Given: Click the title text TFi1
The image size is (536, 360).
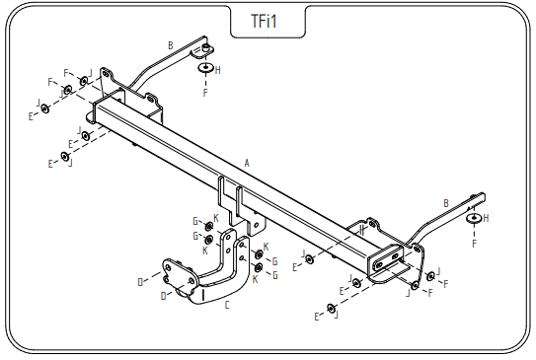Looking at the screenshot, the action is (264, 21).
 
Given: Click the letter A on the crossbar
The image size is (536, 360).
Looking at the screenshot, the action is (247, 164).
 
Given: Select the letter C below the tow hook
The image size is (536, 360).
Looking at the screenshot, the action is (227, 305).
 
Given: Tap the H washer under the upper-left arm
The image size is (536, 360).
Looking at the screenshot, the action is (205, 67).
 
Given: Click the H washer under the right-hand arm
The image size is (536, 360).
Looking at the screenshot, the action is (475, 218).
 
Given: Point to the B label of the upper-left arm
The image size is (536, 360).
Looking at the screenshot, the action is (171, 45).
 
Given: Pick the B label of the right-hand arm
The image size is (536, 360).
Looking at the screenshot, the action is (446, 203).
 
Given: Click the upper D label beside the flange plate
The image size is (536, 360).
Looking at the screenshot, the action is (140, 282).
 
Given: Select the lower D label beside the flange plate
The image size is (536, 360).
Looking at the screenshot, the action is (164, 296).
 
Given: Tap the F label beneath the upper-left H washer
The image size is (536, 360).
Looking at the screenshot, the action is (205, 93).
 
